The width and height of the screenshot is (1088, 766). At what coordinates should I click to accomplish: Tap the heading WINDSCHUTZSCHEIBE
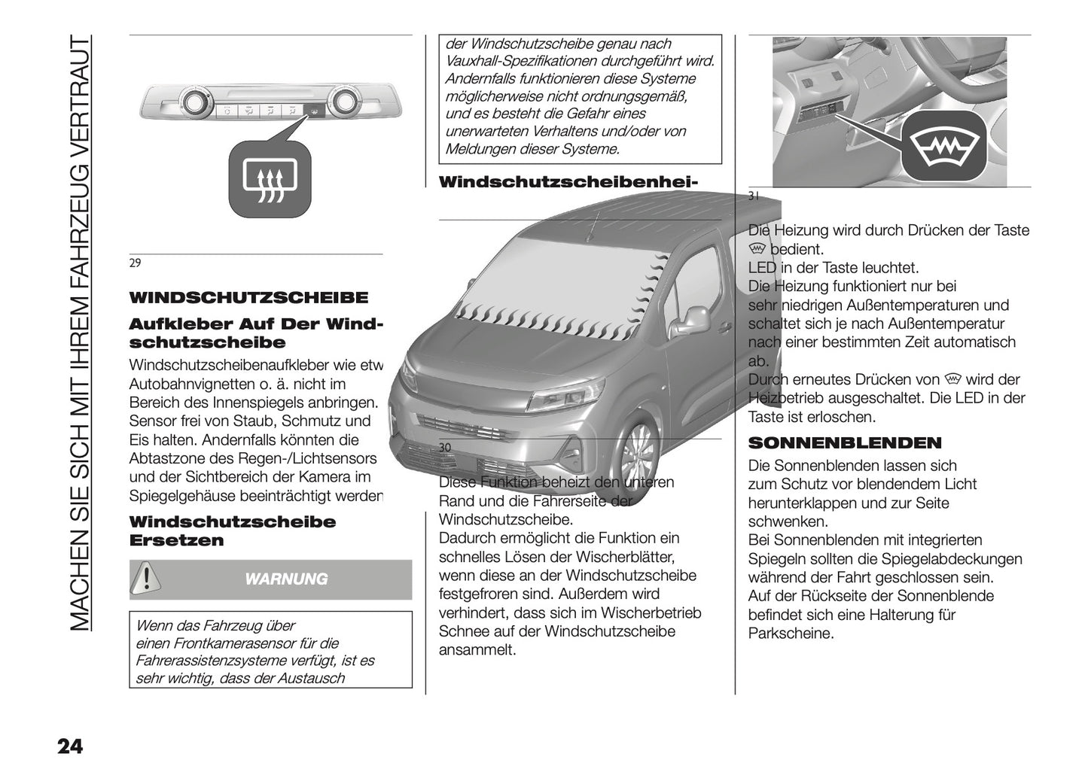pos(248,297)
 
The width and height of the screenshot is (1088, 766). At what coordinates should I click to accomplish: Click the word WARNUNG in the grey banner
pos(287,579)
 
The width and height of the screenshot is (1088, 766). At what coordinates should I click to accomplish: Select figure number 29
pos(135,263)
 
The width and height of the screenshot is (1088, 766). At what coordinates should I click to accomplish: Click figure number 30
pos(445,448)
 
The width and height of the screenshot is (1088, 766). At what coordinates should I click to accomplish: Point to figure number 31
pos(754,196)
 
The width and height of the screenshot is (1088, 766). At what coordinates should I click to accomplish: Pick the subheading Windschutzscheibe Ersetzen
pos(232,531)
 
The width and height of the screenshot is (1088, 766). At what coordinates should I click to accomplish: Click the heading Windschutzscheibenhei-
pos(568,182)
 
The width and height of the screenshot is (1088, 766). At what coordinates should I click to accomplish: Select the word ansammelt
pos(477,650)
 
